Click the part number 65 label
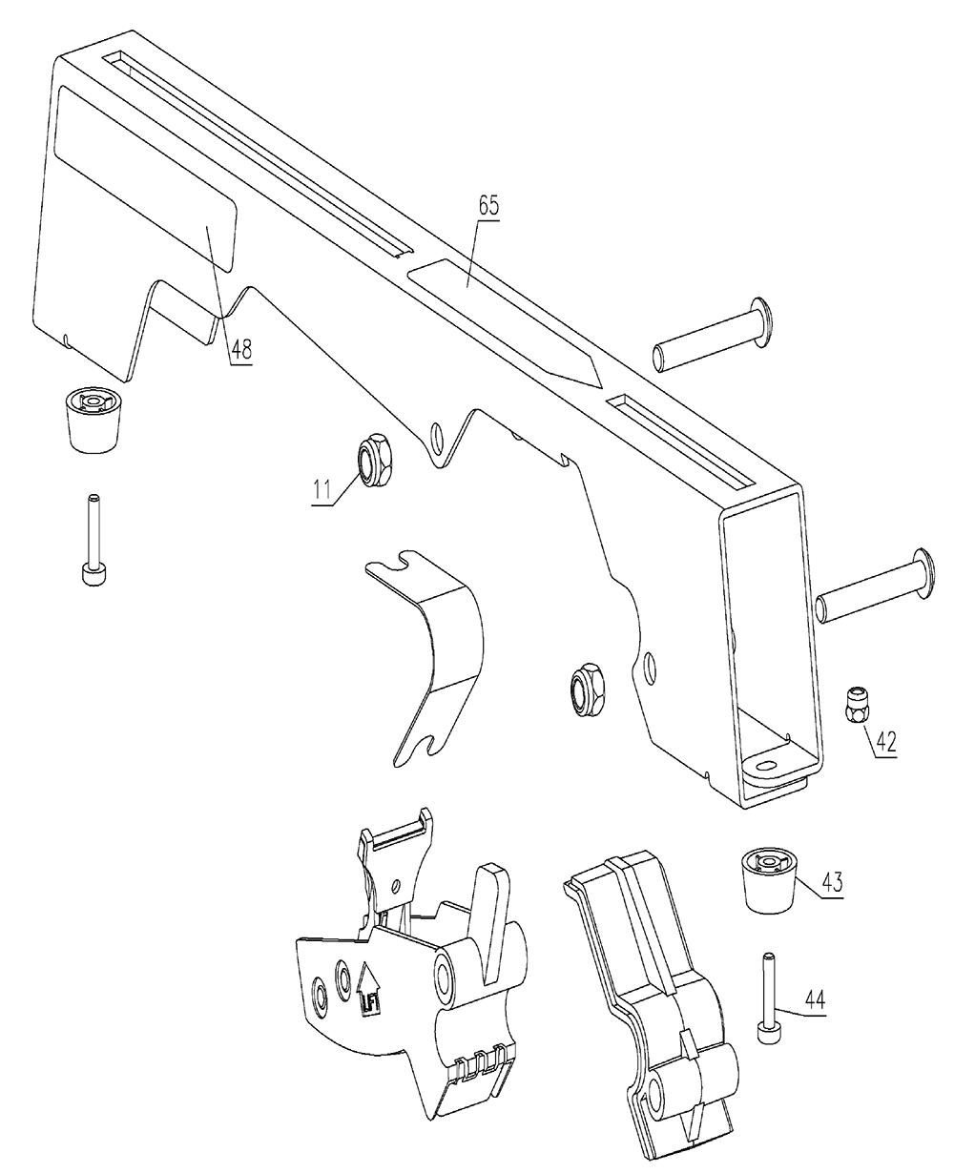[489, 206]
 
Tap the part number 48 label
[241, 349]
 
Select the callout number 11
[322, 489]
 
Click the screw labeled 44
[766, 998]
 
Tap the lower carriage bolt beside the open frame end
[875, 587]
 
